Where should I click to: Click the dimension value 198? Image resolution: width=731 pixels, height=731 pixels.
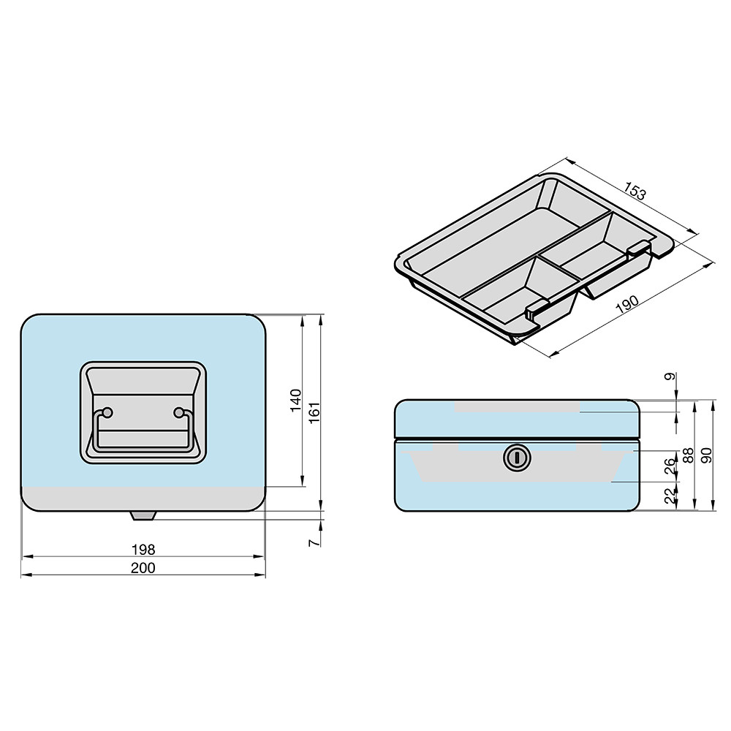(143, 550)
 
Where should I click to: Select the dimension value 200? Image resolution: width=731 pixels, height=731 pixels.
(143, 568)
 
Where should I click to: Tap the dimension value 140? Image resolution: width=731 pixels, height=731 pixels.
(296, 401)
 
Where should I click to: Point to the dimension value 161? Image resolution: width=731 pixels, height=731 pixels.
(314, 412)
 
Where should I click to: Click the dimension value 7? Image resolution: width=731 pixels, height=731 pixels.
(314, 542)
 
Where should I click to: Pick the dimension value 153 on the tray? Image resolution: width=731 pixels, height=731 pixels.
(635, 191)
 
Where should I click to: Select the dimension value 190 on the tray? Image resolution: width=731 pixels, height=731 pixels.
(628, 304)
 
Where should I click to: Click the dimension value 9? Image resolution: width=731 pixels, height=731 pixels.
(670, 376)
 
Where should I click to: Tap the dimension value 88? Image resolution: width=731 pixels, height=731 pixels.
(688, 455)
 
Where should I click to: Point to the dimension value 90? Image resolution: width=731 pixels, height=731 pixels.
(707, 455)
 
